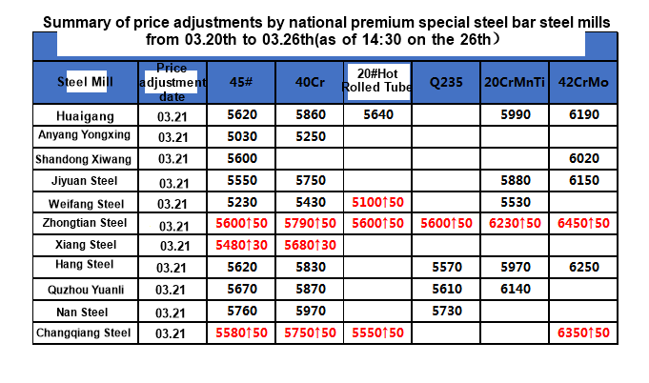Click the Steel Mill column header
[x=85, y=81]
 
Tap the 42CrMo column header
[x=584, y=82]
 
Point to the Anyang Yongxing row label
[x=84, y=135]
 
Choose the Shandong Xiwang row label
[x=84, y=158]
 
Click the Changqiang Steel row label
[x=84, y=333]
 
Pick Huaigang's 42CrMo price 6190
[x=584, y=114]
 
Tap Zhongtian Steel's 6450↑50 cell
[x=584, y=223]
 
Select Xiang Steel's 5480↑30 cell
[x=241, y=245]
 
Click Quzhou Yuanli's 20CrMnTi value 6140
[x=514, y=288]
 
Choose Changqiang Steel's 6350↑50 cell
[x=584, y=333]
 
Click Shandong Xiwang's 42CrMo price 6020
[x=584, y=158]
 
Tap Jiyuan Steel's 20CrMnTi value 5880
[x=514, y=180]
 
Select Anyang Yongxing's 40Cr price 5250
[x=310, y=136]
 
